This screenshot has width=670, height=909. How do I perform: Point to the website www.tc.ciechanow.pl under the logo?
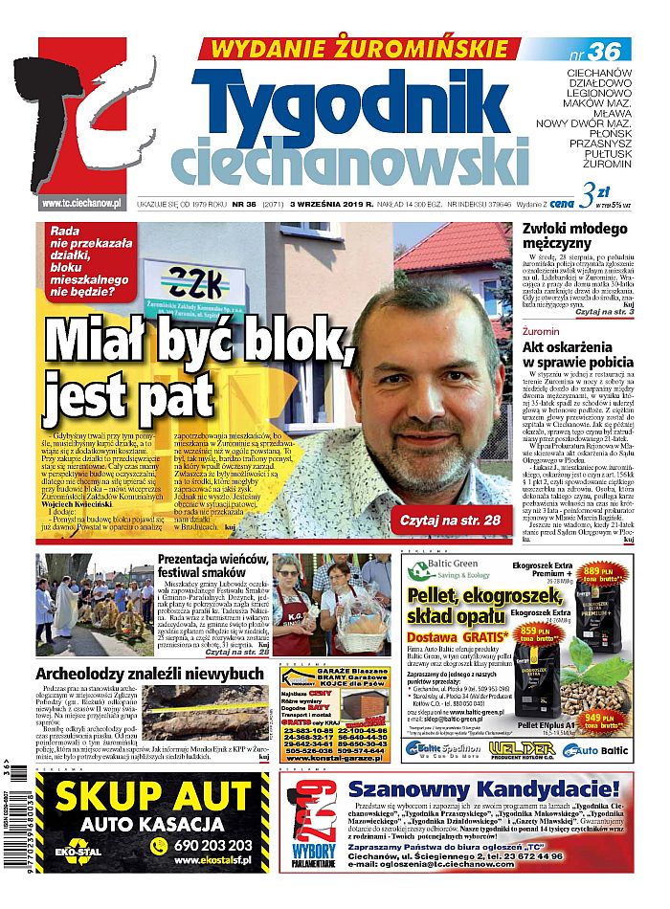coord(80,203)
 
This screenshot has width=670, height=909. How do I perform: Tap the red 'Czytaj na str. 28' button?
coord(446,520)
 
